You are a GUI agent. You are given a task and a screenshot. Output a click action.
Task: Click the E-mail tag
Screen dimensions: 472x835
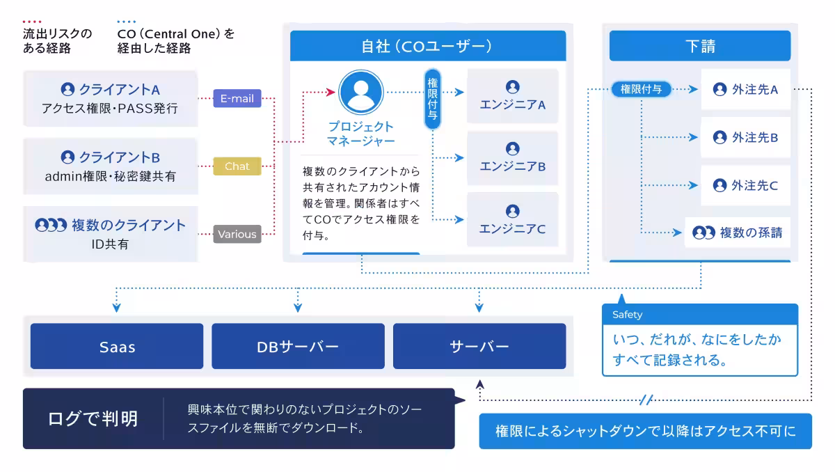237,99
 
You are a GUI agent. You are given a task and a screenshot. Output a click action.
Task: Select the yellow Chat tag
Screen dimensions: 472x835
237,166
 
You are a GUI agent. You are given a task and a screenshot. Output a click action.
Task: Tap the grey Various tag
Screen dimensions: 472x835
237,234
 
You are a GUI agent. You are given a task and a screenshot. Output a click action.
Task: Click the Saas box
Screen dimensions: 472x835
117,346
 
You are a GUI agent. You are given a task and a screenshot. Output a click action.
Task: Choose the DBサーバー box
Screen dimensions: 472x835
298,346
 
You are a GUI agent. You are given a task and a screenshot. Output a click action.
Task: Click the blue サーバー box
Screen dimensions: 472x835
479,346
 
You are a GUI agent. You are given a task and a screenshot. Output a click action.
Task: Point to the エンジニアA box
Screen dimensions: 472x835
513,96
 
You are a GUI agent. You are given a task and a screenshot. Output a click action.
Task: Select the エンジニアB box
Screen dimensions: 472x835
513,158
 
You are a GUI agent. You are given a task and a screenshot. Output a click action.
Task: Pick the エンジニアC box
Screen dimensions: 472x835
513,219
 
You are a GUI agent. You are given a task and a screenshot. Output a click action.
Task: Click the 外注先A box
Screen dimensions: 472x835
746,89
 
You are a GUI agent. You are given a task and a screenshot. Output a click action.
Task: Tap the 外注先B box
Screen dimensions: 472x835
746,137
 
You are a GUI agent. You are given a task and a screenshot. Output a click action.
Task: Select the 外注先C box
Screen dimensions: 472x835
746,185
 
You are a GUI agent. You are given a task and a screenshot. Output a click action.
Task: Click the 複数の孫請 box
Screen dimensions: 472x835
738,233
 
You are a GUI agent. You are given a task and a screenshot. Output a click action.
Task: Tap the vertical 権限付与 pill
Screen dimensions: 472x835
433,99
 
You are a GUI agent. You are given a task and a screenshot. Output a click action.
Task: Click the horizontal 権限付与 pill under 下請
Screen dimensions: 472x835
642,89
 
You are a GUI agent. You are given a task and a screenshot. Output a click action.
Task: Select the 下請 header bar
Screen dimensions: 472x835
700,46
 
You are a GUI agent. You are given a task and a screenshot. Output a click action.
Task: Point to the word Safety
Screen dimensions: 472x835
628,315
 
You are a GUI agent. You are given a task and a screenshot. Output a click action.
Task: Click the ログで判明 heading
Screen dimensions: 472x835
93,418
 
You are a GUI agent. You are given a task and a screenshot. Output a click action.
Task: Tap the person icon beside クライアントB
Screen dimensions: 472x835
67,157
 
